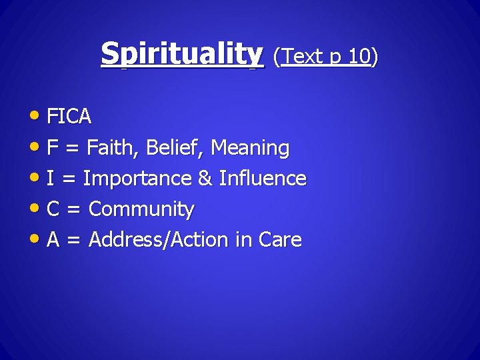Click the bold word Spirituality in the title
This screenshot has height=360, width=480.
click(182, 54)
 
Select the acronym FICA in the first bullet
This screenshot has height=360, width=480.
click(69, 117)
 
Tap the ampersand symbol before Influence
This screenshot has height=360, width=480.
click(206, 179)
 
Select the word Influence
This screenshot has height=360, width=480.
click(263, 179)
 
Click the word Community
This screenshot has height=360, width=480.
click(141, 210)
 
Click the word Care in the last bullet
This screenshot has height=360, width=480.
click(281, 240)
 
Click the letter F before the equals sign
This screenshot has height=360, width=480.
click(52, 147)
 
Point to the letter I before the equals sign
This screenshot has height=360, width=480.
click(50, 179)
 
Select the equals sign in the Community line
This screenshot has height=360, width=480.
click(74, 210)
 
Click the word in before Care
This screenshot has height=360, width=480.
click(243, 240)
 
